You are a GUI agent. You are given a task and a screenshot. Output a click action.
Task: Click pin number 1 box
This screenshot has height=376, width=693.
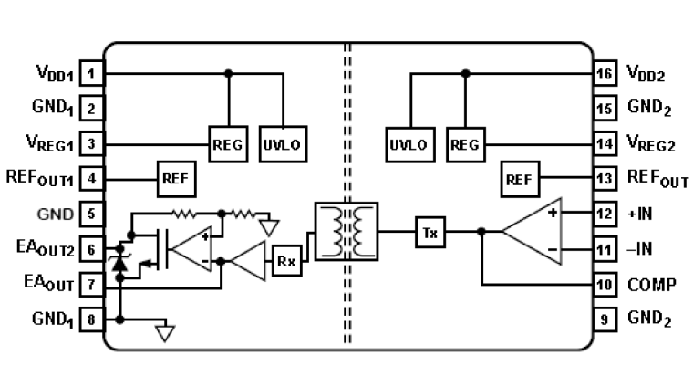point(91,73)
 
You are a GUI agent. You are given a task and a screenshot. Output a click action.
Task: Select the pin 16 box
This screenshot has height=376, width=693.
point(603,73)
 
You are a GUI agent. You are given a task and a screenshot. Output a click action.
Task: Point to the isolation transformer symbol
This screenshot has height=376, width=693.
point(346,230)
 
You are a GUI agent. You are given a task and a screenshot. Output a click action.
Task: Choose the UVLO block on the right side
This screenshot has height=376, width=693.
point(408,143)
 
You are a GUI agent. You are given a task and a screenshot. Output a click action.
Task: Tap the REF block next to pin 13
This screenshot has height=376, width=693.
point(520,178)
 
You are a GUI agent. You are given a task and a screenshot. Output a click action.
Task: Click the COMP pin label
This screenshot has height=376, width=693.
point(651,284)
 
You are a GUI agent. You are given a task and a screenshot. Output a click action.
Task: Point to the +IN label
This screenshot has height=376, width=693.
point(640,214)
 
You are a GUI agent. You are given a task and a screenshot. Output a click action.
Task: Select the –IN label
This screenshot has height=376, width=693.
point(640,248)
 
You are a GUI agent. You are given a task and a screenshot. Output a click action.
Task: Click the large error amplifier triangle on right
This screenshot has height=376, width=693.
point(532,231)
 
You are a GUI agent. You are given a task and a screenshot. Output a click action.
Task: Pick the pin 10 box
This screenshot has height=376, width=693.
point(603,284)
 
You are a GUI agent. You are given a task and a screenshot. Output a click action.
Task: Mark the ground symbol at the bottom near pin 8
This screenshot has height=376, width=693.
point(164,332)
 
